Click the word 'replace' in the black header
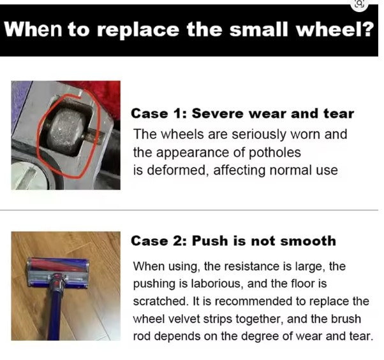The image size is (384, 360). click(138, 30)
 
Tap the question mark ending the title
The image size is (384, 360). click(367, 29)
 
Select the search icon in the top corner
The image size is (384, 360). click(360, 4)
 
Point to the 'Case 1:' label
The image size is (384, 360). click(159, 113)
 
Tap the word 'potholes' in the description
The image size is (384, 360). click(275, 153)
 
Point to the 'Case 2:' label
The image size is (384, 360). click(159, 241)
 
